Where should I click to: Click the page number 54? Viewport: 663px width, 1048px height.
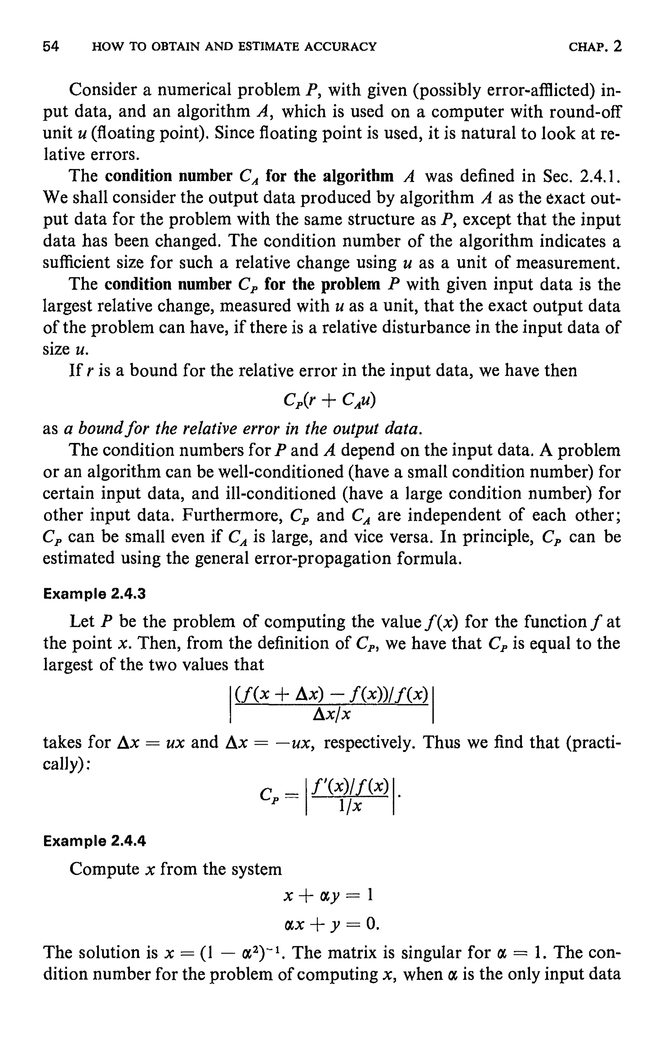(x=51, y=47)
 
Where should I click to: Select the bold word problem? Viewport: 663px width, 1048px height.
(x=350, y=284)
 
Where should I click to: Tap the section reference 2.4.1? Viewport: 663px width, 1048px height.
(x=600, y=176)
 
